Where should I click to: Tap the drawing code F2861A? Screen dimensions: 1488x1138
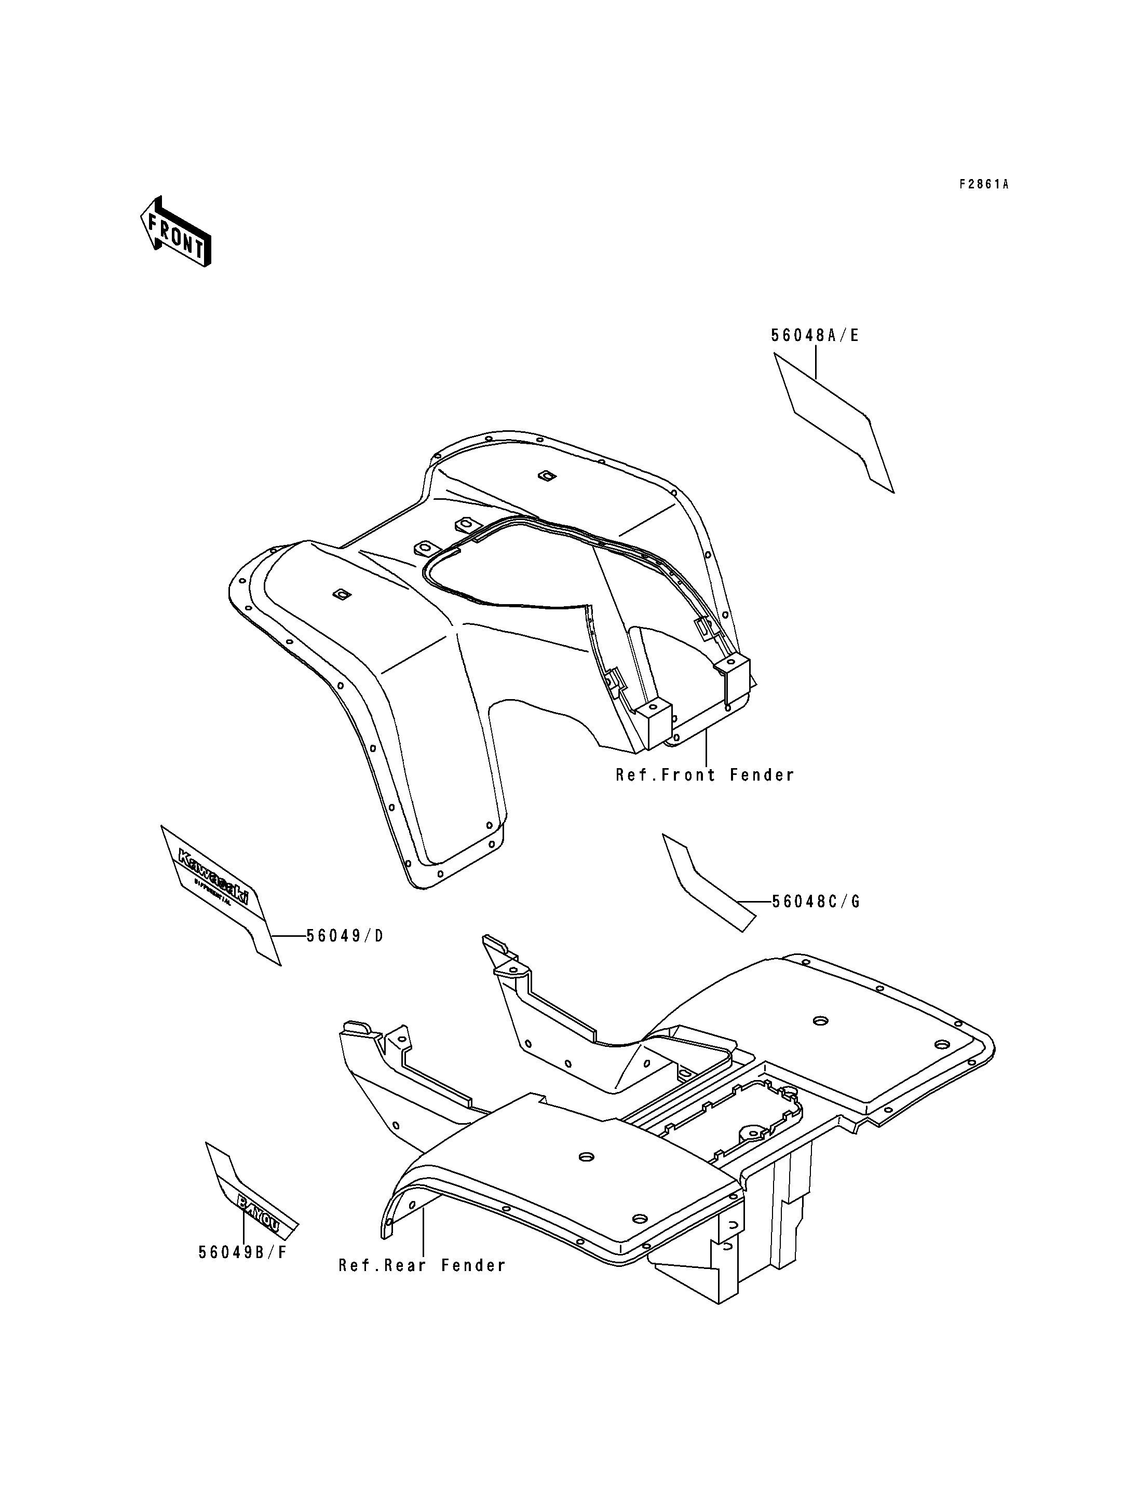tap(984, 184)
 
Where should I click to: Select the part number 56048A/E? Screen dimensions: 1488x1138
tap(815, 335)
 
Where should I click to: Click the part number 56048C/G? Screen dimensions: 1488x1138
tap(816, 902)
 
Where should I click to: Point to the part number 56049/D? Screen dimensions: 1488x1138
tap(345, 935)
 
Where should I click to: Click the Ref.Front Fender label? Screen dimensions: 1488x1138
tap(705, 775)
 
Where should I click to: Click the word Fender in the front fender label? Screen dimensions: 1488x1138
tap(762, 775)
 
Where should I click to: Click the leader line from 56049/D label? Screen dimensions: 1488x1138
tap(288, 935)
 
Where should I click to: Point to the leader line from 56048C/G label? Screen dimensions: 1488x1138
tap(753, 902)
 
